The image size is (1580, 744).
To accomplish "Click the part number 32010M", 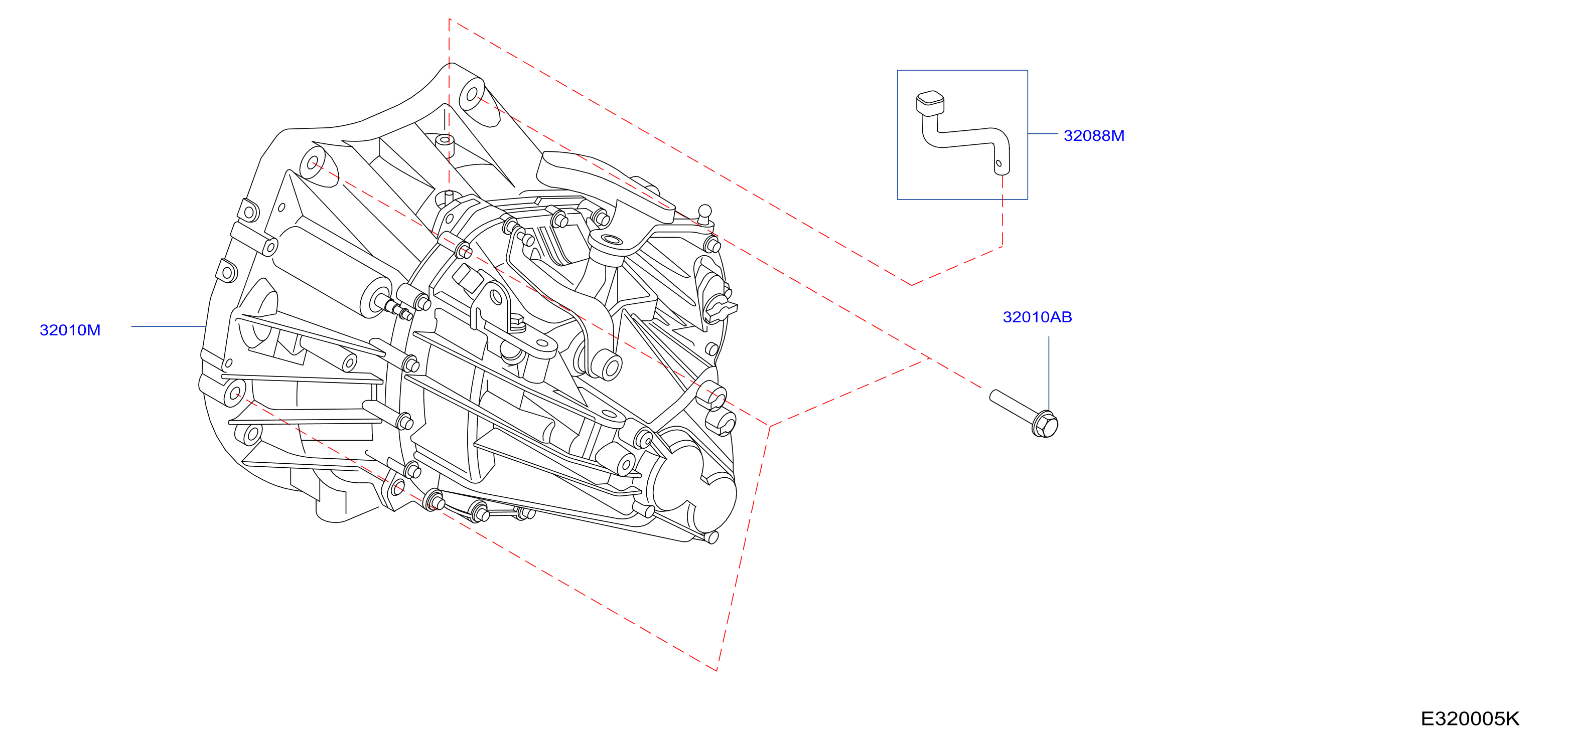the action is click(x=70, y=330).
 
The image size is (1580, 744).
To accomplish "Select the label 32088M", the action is click(x=1094, y=135).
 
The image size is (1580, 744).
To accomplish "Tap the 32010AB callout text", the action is click(x=1037, y=317).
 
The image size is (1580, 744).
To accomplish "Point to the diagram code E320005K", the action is click(x=1470, y=718).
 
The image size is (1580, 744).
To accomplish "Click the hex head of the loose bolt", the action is click(x=1045, y=424).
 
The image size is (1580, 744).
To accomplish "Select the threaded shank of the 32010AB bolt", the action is click(x=1013, y=405).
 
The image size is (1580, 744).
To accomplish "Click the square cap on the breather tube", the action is click(x=930, y=102).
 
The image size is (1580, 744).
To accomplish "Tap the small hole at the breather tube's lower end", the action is click(x=998, y=163).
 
